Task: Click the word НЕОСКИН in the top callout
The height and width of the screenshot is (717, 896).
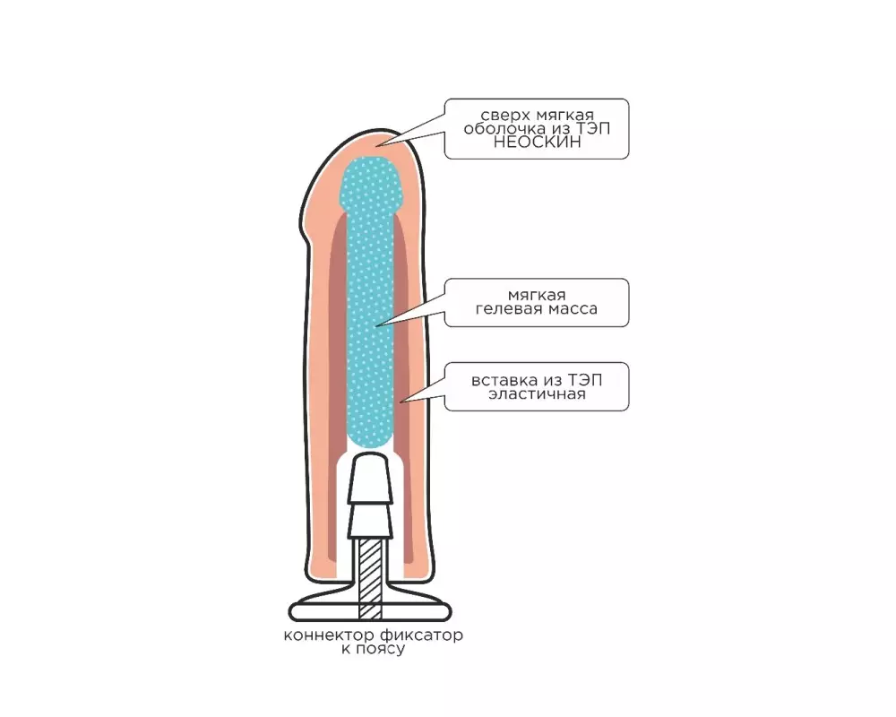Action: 537,143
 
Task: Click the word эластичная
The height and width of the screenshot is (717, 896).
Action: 537,394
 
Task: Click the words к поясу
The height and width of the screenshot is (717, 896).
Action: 373,650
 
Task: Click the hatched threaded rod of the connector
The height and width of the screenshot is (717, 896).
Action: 370,577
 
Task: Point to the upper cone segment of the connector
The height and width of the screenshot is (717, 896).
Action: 370,478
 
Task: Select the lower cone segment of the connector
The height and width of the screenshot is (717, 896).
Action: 370,521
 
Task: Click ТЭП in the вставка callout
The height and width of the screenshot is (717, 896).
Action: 584,381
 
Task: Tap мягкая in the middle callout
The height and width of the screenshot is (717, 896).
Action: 537,296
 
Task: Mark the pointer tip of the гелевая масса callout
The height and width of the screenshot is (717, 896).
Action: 376,326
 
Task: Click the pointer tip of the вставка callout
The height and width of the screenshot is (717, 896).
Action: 401,402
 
